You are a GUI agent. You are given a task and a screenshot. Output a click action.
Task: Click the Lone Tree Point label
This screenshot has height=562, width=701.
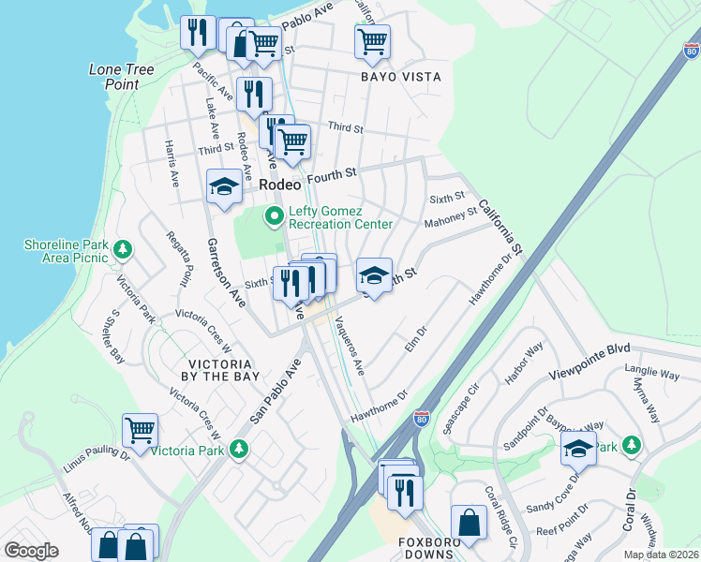click(x=114, y=77)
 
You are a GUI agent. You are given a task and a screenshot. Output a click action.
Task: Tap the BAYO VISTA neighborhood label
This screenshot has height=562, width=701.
click(x=401, y=77)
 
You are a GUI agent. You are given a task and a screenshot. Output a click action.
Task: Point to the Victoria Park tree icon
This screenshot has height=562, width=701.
click(x=240, y=450)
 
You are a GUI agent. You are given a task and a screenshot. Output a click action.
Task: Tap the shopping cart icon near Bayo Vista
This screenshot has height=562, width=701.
click(x=373, y=41)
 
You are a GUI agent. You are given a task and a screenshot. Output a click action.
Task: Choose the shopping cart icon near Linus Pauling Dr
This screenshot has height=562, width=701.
click(x=141, y=431)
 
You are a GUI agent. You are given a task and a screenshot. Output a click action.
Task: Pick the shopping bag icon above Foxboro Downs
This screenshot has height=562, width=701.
click(x=469, y=523)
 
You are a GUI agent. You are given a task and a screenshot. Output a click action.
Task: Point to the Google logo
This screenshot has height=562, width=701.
click(x=31, y=551)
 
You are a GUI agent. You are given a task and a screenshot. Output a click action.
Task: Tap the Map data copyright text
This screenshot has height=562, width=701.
click(x=662, y=555)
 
